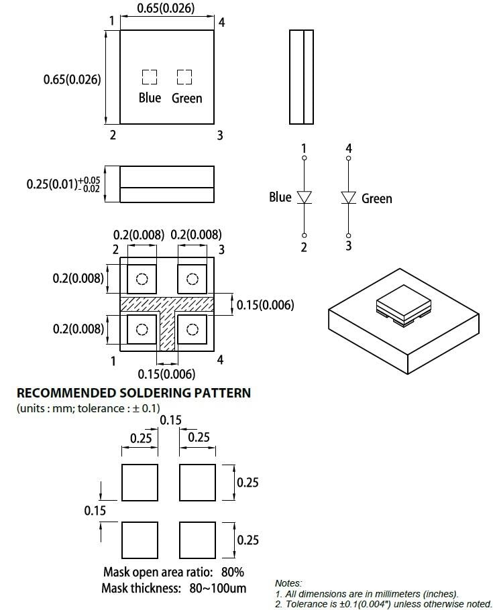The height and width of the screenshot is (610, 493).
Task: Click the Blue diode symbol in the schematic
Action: coord(305,197)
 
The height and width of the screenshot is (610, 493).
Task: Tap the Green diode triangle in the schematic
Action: coord(348,197)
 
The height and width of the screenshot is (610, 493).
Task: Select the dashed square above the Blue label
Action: coord(149,76)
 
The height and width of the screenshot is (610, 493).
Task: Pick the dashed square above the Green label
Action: coord(184,76)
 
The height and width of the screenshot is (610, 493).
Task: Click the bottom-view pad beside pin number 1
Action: coord(142,329)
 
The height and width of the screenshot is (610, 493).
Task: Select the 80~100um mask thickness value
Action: coord(217,589)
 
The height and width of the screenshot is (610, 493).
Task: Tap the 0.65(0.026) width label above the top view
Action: coord(166,9)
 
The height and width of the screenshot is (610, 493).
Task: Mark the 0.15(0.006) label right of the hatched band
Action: coord(265,305)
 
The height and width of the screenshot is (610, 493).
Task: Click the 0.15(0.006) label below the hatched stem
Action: coord(166,374)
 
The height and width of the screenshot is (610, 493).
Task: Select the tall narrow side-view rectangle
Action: coord(301,76)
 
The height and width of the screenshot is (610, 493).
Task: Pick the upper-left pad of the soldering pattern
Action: coord(140,482)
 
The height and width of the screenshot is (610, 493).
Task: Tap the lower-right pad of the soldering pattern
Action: coord(198,540)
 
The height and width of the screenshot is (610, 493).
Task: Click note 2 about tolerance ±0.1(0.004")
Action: coord(383,604)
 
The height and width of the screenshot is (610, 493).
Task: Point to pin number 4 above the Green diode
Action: coord(348,148)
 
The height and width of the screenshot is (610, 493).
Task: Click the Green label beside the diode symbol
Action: coord(376,198)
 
